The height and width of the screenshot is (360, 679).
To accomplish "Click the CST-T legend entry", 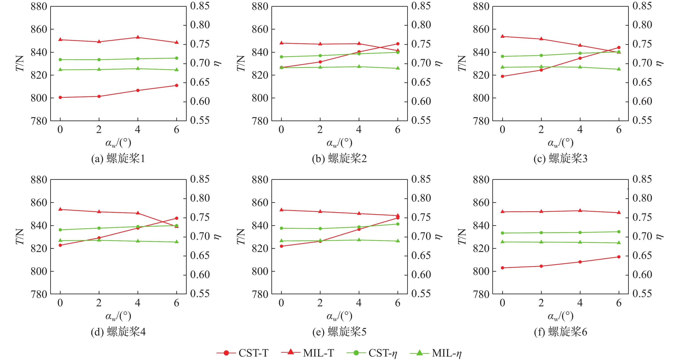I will tap(243, 353).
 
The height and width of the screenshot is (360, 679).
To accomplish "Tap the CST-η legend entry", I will tap(372, 353).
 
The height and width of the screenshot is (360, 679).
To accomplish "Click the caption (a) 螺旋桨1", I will tap(118, 159).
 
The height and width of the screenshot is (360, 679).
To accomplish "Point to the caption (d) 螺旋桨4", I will tap(118, 332).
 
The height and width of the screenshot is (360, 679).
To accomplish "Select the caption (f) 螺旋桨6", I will tap(560, 332).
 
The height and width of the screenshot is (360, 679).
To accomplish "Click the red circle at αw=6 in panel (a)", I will tap(177, 85).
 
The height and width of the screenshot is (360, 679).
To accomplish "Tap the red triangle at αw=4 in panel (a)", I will tap(138, 37).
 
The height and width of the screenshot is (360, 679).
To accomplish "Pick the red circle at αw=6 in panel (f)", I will tap(619, 257).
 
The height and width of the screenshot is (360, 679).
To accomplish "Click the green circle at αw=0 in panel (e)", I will tap(281, 228).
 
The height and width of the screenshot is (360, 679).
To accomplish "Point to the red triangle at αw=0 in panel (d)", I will tap(60, 209).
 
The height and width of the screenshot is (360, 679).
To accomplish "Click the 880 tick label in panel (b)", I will tap(260, 7).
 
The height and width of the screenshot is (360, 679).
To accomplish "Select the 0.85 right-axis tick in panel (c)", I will tap(642, 6).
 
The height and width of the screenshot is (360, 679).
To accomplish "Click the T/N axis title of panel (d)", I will tap(20, 236).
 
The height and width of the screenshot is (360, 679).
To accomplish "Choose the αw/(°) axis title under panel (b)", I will tap(339, 143).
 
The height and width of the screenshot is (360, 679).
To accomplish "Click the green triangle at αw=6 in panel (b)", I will tap(398, 68).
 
